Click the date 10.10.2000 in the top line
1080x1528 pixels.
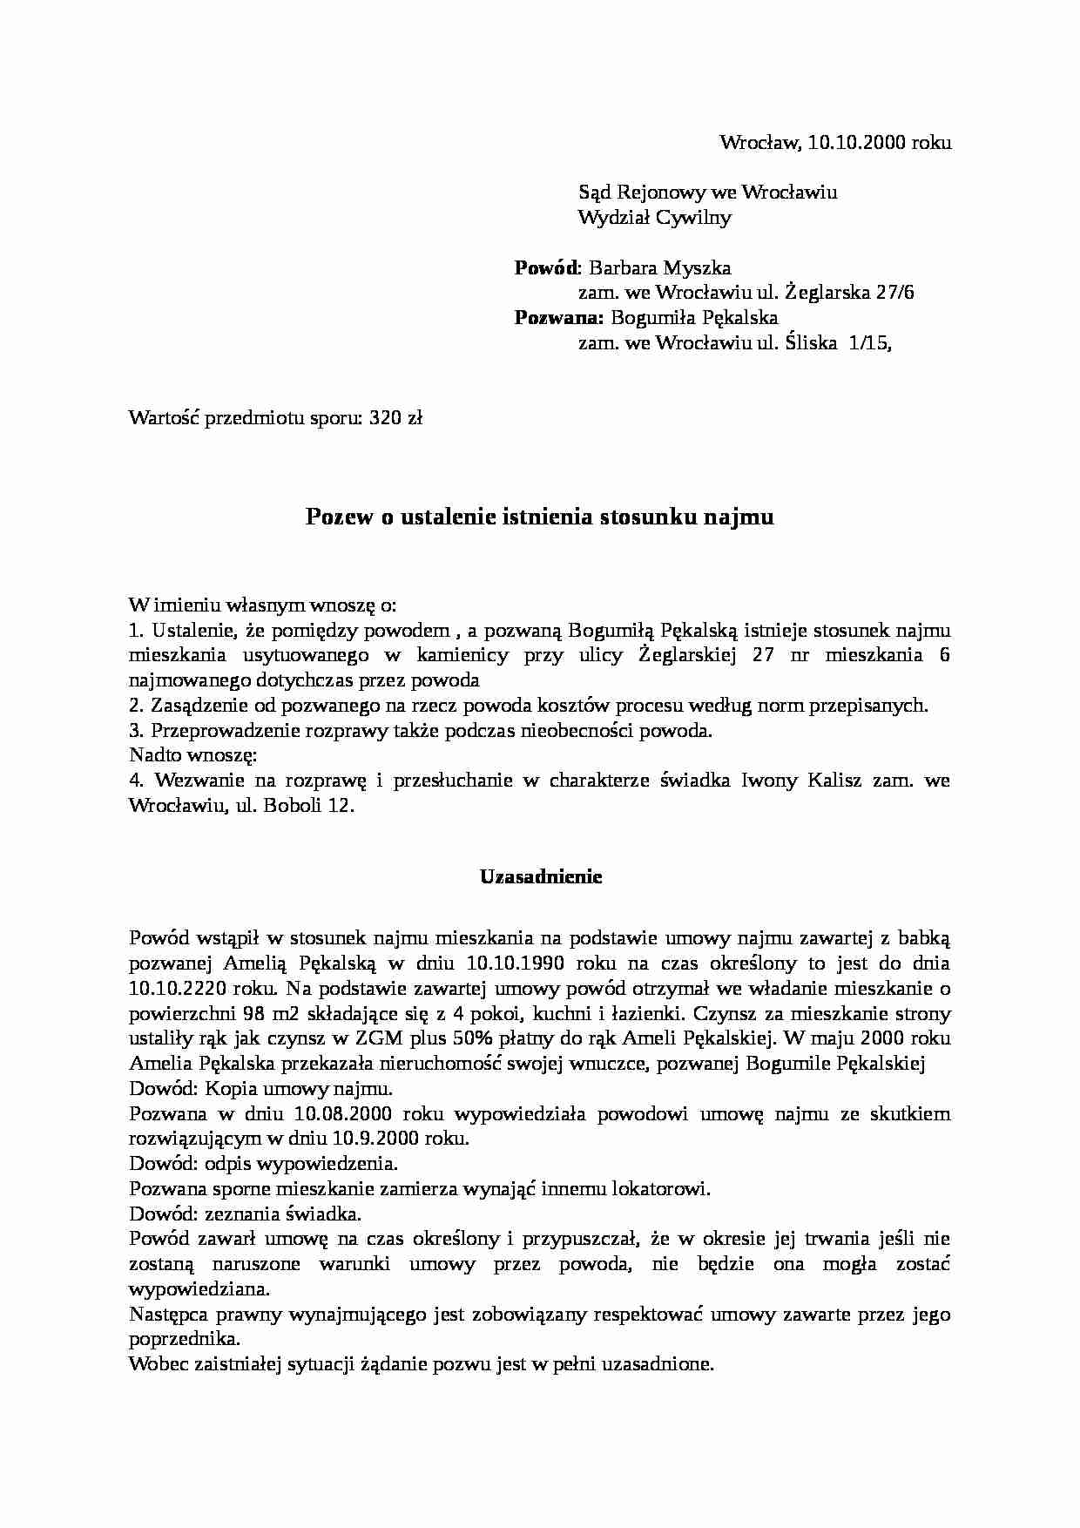[x=857, y=142]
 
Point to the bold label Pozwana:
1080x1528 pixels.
[x=558, y=318]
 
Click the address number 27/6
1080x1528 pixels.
[x=894, y=293]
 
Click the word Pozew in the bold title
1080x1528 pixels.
[x=337, y=517]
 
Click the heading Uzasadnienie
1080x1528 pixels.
[x=541, y=877]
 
